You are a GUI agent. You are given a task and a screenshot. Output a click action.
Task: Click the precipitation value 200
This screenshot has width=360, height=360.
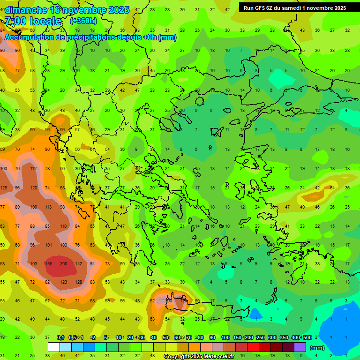(63, 263)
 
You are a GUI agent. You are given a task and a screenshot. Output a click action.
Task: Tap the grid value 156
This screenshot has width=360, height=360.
(48, 263)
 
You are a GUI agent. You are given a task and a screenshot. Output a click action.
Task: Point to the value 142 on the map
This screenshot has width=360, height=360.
(78, 263)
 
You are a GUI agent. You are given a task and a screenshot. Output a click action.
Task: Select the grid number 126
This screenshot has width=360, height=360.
(3, 188)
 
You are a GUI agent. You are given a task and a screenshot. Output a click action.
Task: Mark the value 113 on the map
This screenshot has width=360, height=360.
(48, 207)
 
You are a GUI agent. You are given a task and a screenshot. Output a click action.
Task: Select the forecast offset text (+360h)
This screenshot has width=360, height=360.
(83, 21)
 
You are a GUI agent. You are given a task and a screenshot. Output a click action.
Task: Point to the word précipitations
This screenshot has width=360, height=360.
(93, 37)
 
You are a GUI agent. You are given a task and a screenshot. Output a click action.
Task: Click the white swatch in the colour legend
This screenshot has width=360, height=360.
(54, 347)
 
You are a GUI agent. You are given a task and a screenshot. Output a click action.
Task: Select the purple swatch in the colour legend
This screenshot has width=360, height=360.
(300, 347)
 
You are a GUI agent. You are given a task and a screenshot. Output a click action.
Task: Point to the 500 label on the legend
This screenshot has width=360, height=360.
(307, 338)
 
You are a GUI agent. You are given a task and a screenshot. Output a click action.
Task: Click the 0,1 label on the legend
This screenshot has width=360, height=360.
(60, 338)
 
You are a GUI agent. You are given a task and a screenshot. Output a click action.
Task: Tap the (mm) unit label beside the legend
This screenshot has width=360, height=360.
(317, 348)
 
